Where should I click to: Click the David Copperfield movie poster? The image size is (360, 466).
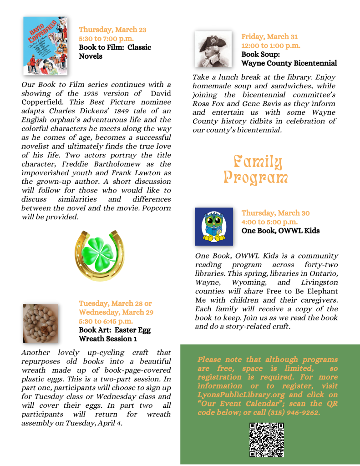click(45, 46)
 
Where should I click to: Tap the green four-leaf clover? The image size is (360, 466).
click(100, 253)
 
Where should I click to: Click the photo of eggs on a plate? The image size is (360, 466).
click(41, 323)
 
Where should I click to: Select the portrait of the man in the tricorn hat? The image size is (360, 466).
click(213, 49)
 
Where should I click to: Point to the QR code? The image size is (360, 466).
click(267, 439)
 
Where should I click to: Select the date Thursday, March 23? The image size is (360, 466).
click(112, 30)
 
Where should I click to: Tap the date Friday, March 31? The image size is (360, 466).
click(269, 36)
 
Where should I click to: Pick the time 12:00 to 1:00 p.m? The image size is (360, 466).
click(271, 46)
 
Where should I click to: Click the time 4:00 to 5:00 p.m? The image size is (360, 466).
click(269, 222)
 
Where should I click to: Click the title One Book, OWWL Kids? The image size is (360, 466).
click(280, 231)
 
